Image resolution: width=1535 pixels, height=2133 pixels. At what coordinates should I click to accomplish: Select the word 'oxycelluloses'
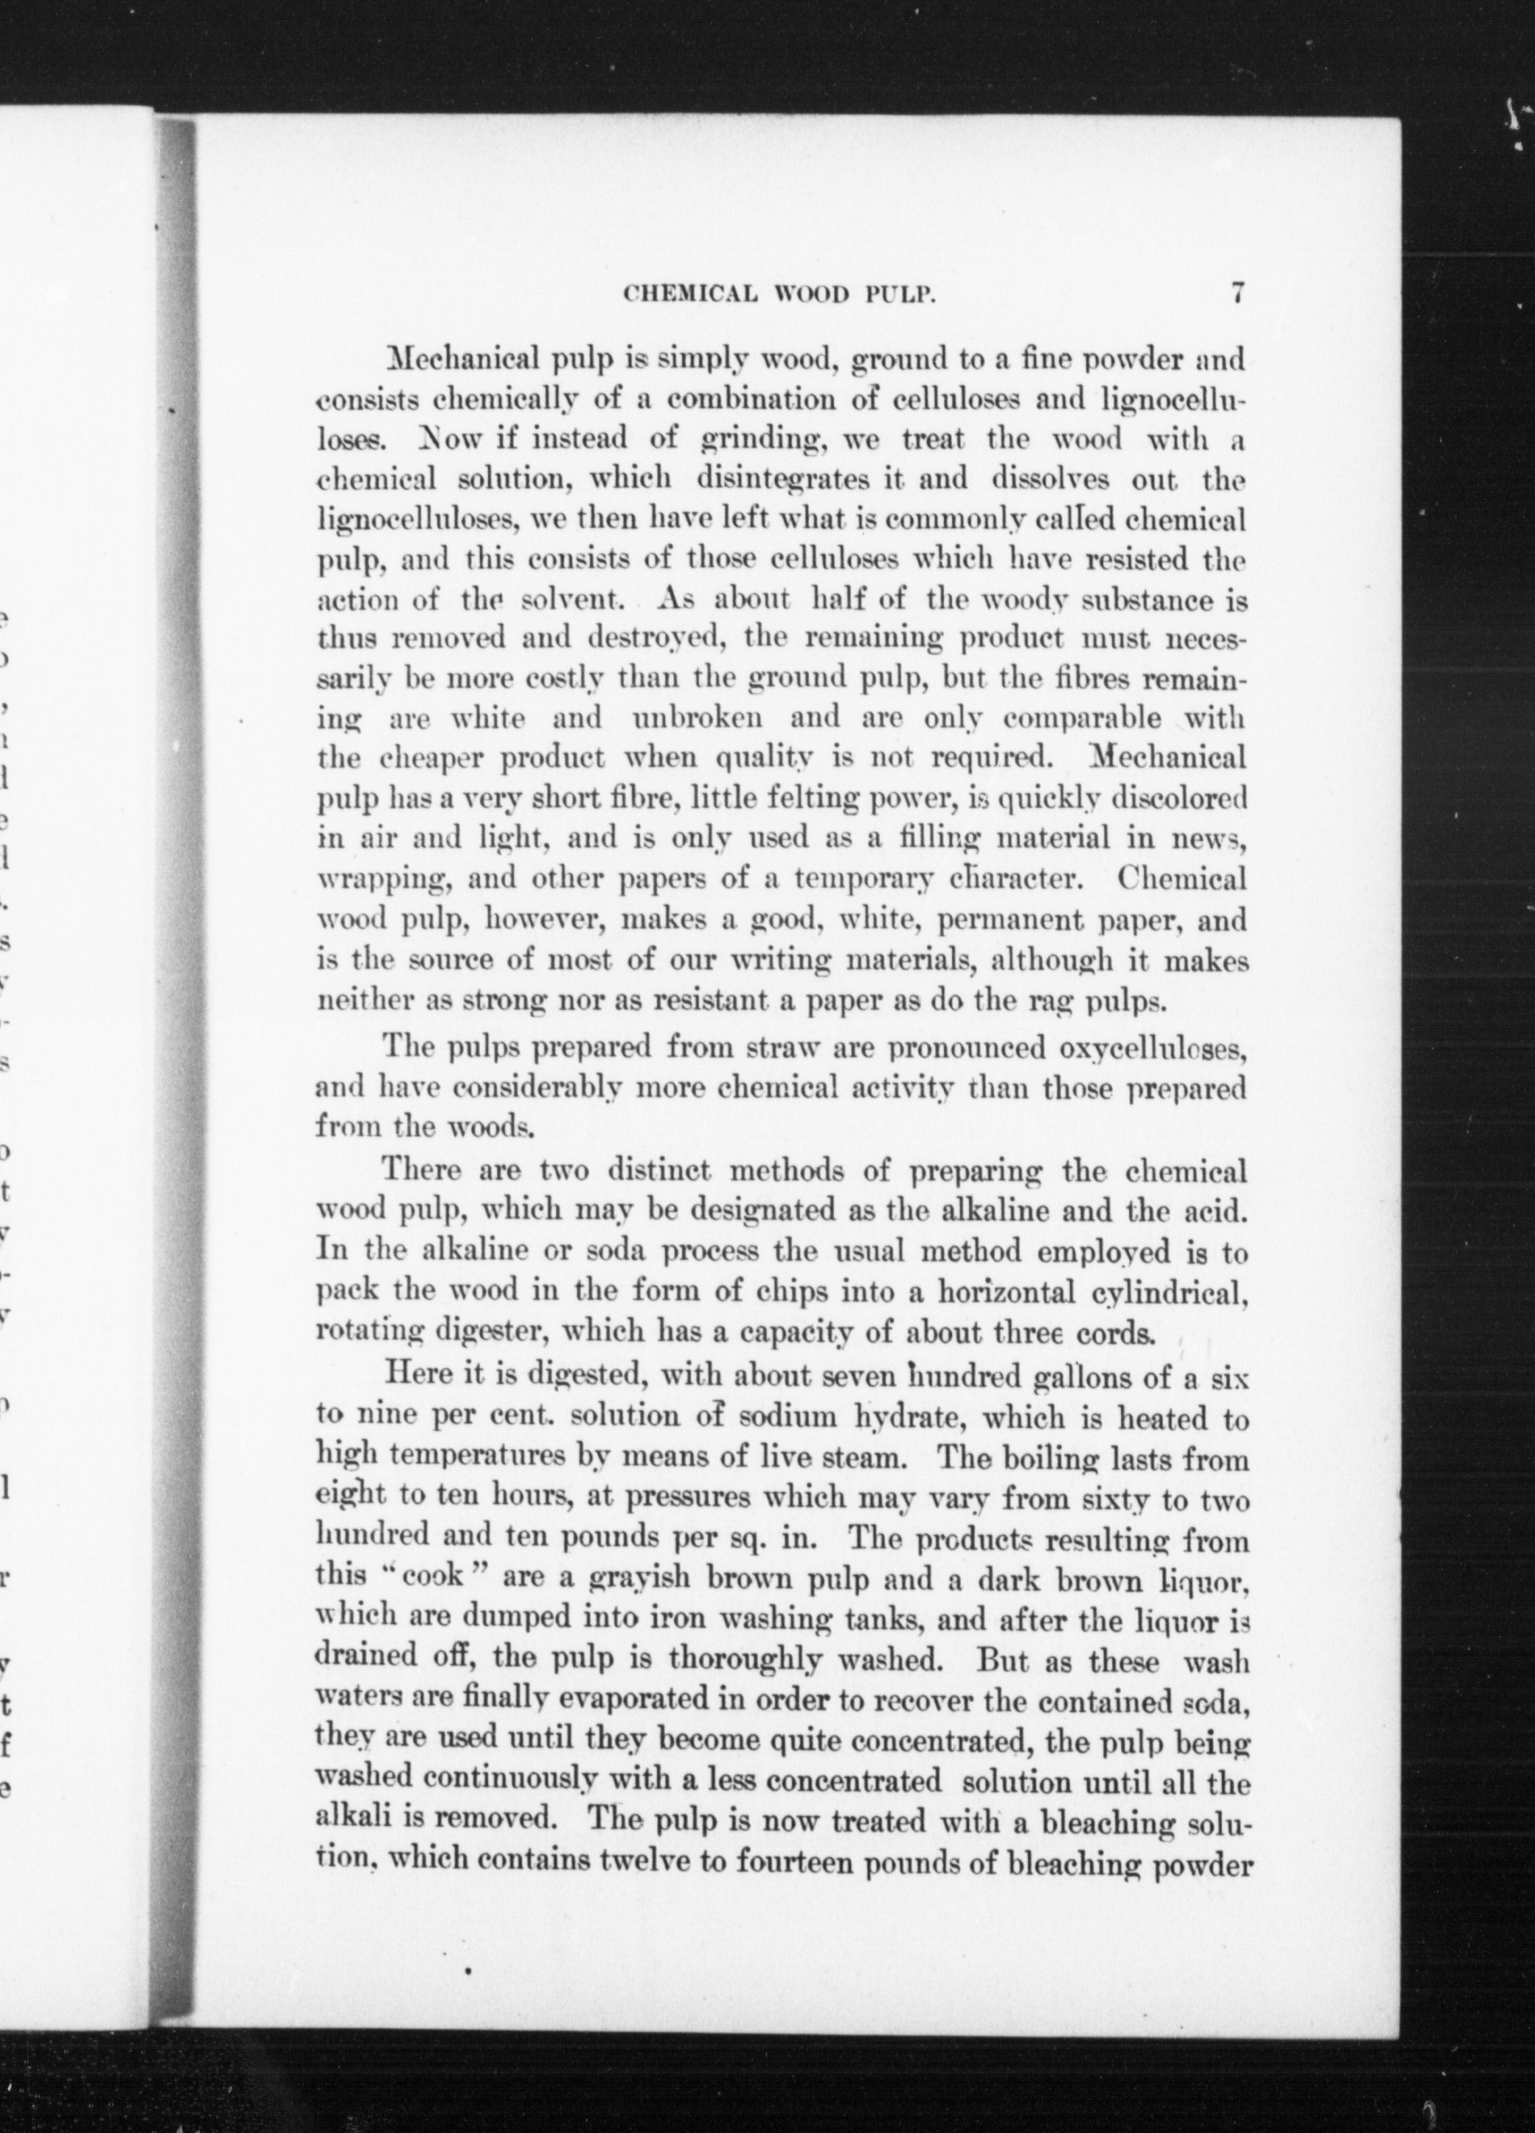click(1153, 1048)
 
